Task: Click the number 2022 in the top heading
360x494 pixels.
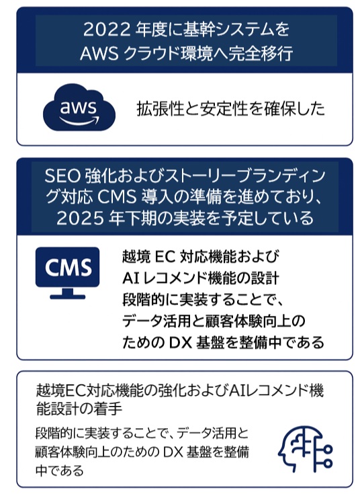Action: click(x=107, y=30)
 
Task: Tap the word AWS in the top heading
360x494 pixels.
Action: click(x=99, y=54)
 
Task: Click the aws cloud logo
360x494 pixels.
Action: click(x=79, y=107)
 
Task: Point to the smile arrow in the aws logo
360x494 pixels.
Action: click(x=79, y=121)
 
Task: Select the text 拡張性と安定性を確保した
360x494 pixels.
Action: click(x=230, y=109)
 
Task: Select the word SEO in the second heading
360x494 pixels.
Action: click(x=62, y=176)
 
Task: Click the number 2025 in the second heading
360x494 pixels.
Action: click(x=80, y=218)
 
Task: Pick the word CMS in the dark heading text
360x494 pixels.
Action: click(x=117, y=197)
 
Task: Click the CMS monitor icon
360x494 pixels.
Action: click(x=67, y=273)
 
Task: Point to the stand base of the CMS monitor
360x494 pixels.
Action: click(x=67, y=296)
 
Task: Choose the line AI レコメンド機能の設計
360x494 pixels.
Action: click(x=201, y=278)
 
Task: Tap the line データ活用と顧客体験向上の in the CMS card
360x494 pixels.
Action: click(x=214, y=321)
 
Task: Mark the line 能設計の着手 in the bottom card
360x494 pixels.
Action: click(x=79, y=409)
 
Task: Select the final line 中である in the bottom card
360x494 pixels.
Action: click(x=60, y=470)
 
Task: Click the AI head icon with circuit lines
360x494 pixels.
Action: click(x=305, y=449)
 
